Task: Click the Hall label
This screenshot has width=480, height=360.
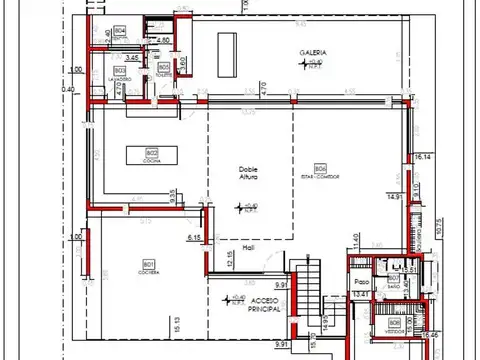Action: [236, 248]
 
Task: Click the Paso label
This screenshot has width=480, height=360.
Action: [362, 282]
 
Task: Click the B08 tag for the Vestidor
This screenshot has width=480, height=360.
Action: [394, 323]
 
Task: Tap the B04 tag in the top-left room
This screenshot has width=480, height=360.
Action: [120, 32]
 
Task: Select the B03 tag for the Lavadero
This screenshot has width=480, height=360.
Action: [119, 70]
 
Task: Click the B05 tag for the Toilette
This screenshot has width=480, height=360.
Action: [163, 67]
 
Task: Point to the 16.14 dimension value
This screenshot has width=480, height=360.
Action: [422, 157]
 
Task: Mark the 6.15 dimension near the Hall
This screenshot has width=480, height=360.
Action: [195, 237]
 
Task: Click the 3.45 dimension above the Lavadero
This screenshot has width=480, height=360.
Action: [131, 58]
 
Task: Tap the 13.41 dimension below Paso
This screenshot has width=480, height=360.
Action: [360, 295]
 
